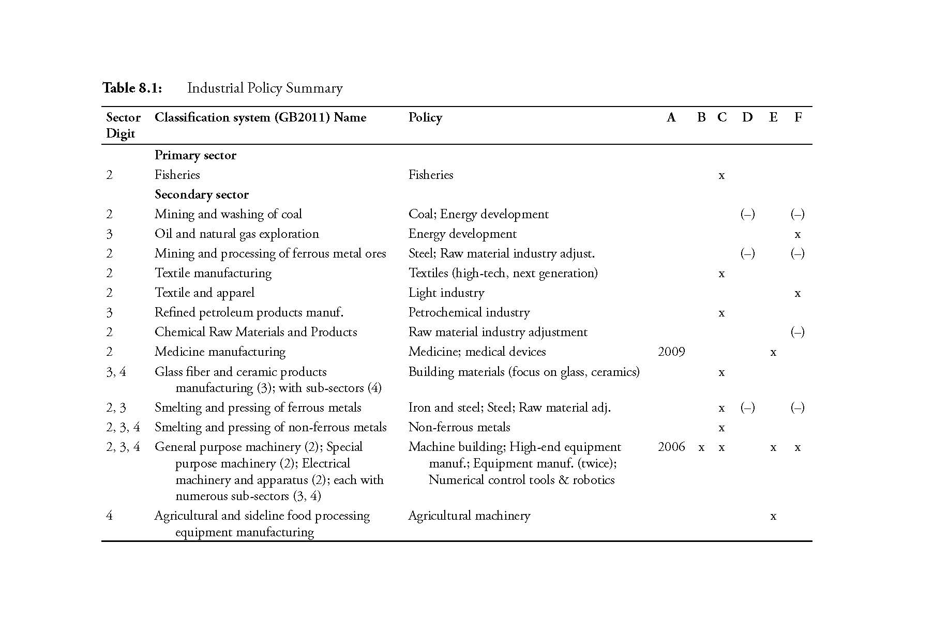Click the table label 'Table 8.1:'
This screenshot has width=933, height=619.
pyautogui.click(x=132, y=88)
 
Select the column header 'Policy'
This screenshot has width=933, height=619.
pyautogui.click(x=425, y=117)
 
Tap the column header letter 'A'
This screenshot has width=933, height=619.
pyautogui.click(x=671, y=117)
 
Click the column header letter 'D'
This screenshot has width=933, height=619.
pyautogui.click(x=747, y=117)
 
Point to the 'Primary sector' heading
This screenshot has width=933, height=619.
pyautogui.click(x=195, y=155)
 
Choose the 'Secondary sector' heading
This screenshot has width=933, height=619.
pyautogui.click(x=201, y=194)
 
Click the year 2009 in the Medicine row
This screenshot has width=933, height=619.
pyautogui.click(x=671, y=352)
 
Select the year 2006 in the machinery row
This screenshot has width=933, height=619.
pyautogui.click(x=671, y=447)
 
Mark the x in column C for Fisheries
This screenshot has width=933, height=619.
pyautogui.click(x=721, y=175)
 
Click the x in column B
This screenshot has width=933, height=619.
pyautogui.click(x=701, y=447)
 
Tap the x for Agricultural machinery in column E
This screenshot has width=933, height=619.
pyautogui.click(x=773, y=516)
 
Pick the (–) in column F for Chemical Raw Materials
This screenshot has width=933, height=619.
pyautogui.click(x=797, y=332)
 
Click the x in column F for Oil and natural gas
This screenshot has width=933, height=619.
pyautogui.click(x=797, y=234)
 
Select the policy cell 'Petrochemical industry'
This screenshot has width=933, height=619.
pyautogui.click(x=469, y=312)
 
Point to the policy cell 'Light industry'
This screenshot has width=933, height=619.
pyautogui.click(x=446, y=293)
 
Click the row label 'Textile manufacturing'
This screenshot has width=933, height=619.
pyautogui.click(x=213, y=273)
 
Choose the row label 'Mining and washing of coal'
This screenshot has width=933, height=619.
pyautogui.click(x=228, y=214)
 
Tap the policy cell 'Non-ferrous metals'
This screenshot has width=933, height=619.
pyautogui.click(x=459, y=427)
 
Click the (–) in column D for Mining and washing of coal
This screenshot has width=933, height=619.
pyautogui.click(x=747, y=214)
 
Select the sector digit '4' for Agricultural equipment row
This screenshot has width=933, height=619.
pyautogui.click(x=109, y=516)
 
